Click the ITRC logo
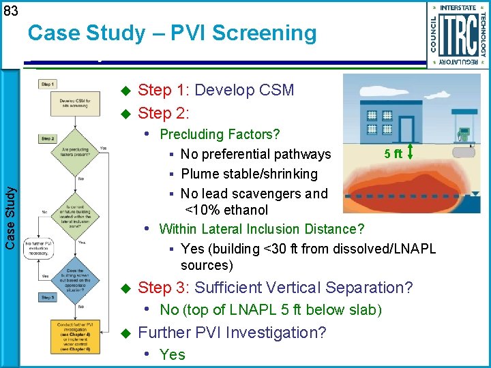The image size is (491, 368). [x=458, y=34]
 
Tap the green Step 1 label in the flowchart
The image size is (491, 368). [x=48, y=85]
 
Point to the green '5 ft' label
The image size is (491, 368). [x=392, y=154]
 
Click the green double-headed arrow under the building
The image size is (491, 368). [x=410, y=151]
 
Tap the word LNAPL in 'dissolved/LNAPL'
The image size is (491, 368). [x=413, y=249]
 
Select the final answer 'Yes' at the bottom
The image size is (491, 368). [x=172, y=354]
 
